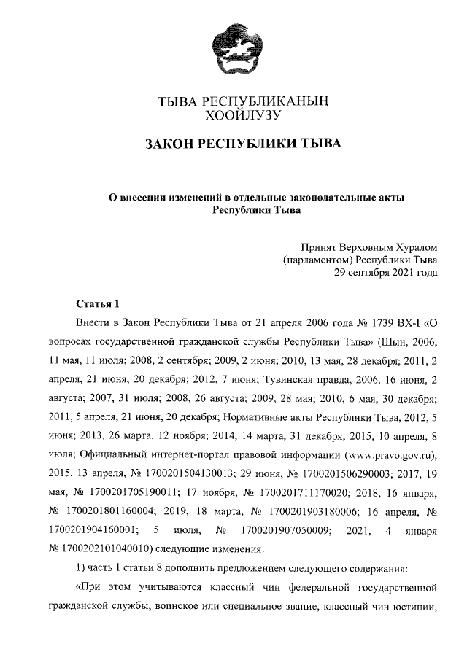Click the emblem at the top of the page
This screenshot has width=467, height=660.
(234, 50)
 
